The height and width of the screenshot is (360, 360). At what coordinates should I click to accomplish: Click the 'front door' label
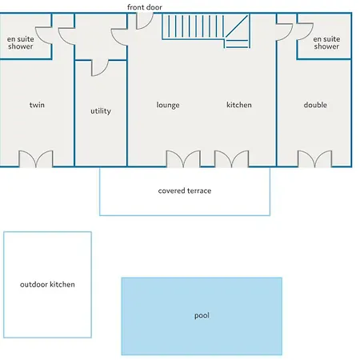tap(145, 7)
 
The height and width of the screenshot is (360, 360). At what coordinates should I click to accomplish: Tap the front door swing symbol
tap(145, 21)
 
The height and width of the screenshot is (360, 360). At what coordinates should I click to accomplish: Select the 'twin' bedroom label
tap(37, 105)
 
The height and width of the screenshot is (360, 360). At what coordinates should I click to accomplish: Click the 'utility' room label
tap(101, 110)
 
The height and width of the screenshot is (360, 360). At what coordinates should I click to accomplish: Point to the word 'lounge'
tap(168, 105)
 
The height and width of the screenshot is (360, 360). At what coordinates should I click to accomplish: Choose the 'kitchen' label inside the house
tap(239, 105)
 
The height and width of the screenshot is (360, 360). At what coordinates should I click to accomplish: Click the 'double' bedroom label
tap(315, 105)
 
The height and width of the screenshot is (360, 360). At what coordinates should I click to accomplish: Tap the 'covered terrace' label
tap(185, 190)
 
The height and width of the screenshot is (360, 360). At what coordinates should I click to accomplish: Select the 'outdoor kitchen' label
tap(47, 284)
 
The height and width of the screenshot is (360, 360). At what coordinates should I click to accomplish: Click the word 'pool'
tap(202, 316)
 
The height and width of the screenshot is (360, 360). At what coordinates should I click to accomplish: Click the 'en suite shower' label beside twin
tap(21, 42)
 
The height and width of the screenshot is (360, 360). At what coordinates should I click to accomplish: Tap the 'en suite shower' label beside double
tap(326, 42)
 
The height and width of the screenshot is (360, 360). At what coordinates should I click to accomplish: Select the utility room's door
tap(100, 68)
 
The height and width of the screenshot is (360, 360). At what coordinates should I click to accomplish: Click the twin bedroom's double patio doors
tap(36, 159)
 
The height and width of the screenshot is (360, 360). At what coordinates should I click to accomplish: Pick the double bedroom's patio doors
tap(314, 159)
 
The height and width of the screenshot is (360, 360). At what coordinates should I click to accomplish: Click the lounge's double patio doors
tap(183, 159)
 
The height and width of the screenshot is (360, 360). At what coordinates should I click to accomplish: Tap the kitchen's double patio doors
tap(231, 159)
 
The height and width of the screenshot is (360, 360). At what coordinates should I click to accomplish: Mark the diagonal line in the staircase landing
tap(237, 26)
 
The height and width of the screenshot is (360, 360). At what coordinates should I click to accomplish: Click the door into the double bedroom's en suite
tap(305, 32)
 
